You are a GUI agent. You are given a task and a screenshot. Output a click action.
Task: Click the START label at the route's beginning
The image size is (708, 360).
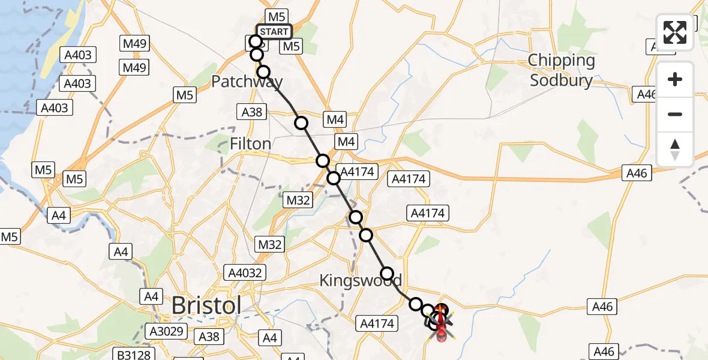point(274,31)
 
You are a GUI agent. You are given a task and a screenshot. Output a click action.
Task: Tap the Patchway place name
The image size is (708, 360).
point(247,81)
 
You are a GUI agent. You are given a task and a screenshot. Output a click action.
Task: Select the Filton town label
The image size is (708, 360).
point(251,144)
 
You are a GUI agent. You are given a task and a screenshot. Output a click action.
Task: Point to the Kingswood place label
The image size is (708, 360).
point(360,280)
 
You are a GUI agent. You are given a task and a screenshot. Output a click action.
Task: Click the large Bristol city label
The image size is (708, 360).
point(206,305)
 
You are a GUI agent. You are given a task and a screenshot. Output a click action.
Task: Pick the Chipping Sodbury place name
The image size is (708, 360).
point(562,70)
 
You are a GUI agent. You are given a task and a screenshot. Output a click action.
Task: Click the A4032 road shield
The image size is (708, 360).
point(245,272)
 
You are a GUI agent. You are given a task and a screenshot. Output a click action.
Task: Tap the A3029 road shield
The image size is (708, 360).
point(167,331)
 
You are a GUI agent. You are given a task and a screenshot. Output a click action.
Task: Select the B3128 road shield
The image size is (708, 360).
point(133,355)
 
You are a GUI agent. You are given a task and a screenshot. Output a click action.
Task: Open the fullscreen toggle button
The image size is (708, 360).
point(675,32)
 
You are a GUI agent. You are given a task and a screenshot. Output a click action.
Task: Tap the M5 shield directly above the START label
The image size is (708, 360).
point(276,16)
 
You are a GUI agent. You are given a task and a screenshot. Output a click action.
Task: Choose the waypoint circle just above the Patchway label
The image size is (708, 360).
point(263,72)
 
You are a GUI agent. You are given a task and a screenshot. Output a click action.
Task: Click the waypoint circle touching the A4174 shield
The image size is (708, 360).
point(334,178)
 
